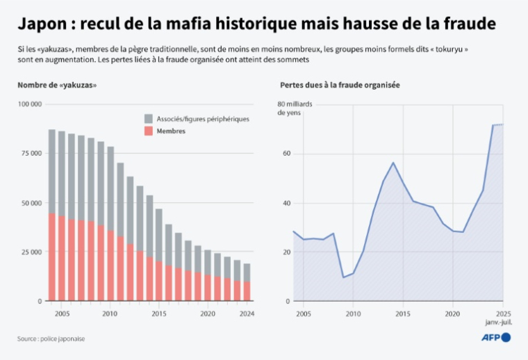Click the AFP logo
coord(496,338)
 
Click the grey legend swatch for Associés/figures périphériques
coord(149,119)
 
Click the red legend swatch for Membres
coord(149,131)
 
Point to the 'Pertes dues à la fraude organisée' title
coord(339,85)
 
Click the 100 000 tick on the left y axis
coord(30,104)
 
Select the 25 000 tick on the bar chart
coord(31,252)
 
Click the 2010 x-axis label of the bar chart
coord(110,313)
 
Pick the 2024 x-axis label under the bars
coord(247,313)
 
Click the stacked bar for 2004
coord(52,215)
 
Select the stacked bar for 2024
coord(247,282)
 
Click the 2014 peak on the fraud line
coord(393,163)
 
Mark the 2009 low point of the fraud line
coord(343,277)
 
